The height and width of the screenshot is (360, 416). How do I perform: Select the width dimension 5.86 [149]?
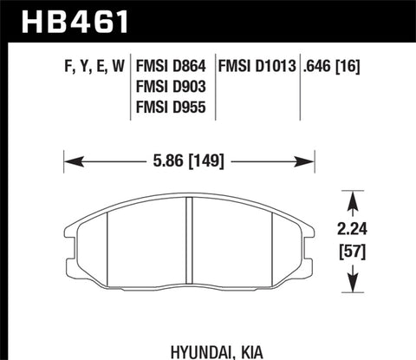coord(188,160)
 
